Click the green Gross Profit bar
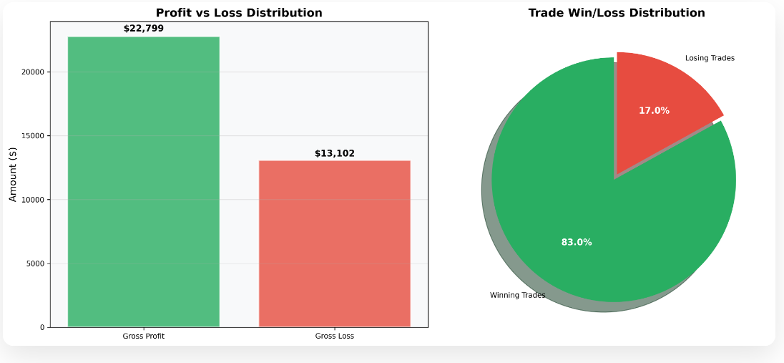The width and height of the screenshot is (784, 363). coord(143,182)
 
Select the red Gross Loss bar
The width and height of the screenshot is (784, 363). coord(334,243)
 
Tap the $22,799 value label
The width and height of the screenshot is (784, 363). coord(144,29)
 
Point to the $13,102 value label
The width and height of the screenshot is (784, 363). coord(334,153)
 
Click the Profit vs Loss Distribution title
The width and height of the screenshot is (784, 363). coord(239,13)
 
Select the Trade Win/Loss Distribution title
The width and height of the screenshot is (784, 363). coord(616,13)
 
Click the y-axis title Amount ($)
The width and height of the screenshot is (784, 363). coord(13,174)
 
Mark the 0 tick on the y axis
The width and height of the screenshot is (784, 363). coord(42,327)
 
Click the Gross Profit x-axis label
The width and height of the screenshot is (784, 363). coord(144,336)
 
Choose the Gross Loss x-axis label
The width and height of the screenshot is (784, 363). coord(334,336)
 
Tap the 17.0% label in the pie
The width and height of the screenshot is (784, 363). coord(654,110)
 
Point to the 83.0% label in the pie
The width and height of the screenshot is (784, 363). coord(576,242)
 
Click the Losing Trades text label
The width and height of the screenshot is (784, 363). coord(710,58)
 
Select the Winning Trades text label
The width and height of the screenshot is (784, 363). coord(517,295)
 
